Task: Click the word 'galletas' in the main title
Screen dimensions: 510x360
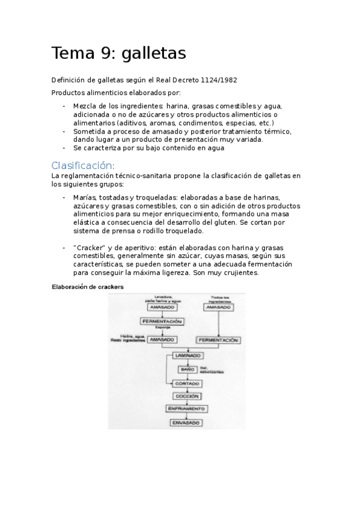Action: coord(154,54)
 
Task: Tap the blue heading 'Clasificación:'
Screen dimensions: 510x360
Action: coord(83,165)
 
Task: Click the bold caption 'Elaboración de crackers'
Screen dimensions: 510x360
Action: coord(88,287)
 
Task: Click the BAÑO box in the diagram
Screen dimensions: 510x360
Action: coord(186,369)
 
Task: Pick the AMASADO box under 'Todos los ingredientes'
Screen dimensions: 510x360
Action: coord(219,307)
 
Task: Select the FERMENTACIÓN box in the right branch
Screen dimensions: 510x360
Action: coord(218,340)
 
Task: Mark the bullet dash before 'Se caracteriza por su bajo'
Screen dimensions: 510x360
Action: coord(64,148)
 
